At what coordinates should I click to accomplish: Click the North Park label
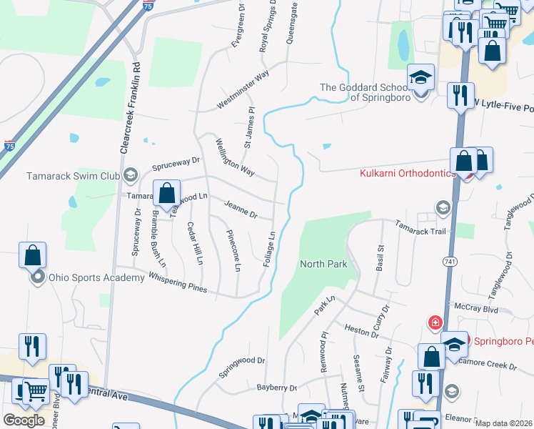323,264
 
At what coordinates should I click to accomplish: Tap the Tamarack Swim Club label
74,175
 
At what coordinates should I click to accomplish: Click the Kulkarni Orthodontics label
408,174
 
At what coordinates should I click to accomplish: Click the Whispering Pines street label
178,283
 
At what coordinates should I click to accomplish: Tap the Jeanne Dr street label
240,209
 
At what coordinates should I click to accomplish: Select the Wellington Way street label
235,157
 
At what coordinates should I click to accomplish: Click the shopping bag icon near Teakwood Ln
166,193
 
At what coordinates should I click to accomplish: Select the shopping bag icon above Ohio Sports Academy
33,255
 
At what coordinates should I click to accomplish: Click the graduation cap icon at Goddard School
421,77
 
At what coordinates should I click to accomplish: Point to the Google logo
24,420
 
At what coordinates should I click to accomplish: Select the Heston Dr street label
361,332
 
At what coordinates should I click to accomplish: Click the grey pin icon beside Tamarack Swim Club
130,174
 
